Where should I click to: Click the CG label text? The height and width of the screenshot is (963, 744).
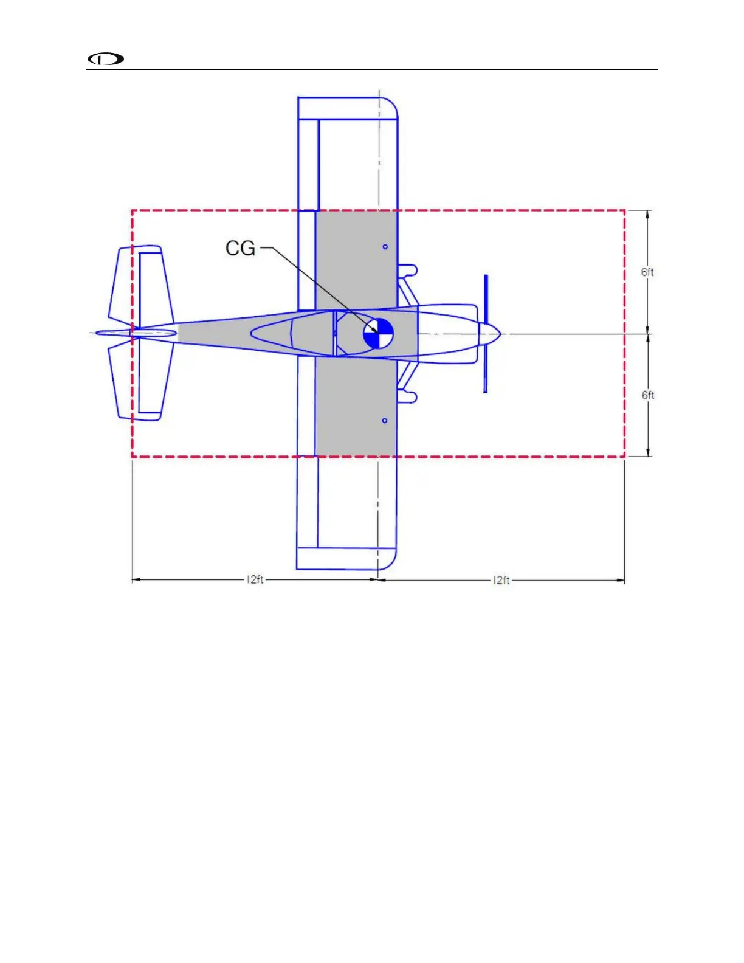[x=240, y=248]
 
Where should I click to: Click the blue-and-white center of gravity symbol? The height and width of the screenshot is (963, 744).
[x=378, y=333]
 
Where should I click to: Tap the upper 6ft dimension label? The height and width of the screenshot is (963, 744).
[x=647, y=272]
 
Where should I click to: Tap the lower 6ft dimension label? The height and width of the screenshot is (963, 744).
[x=647, y=395]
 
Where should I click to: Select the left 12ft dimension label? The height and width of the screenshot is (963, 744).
[x=255, y=579]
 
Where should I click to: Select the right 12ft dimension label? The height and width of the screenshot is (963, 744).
[x=501, y=580]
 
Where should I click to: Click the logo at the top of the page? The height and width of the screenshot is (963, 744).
[x=106, y=59]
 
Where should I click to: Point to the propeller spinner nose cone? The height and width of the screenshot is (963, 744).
[x=490, y=333]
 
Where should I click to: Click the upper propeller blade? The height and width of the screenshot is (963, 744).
[x=486, y=299]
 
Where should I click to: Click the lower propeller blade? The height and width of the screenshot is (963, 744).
[x=486, y=368]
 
